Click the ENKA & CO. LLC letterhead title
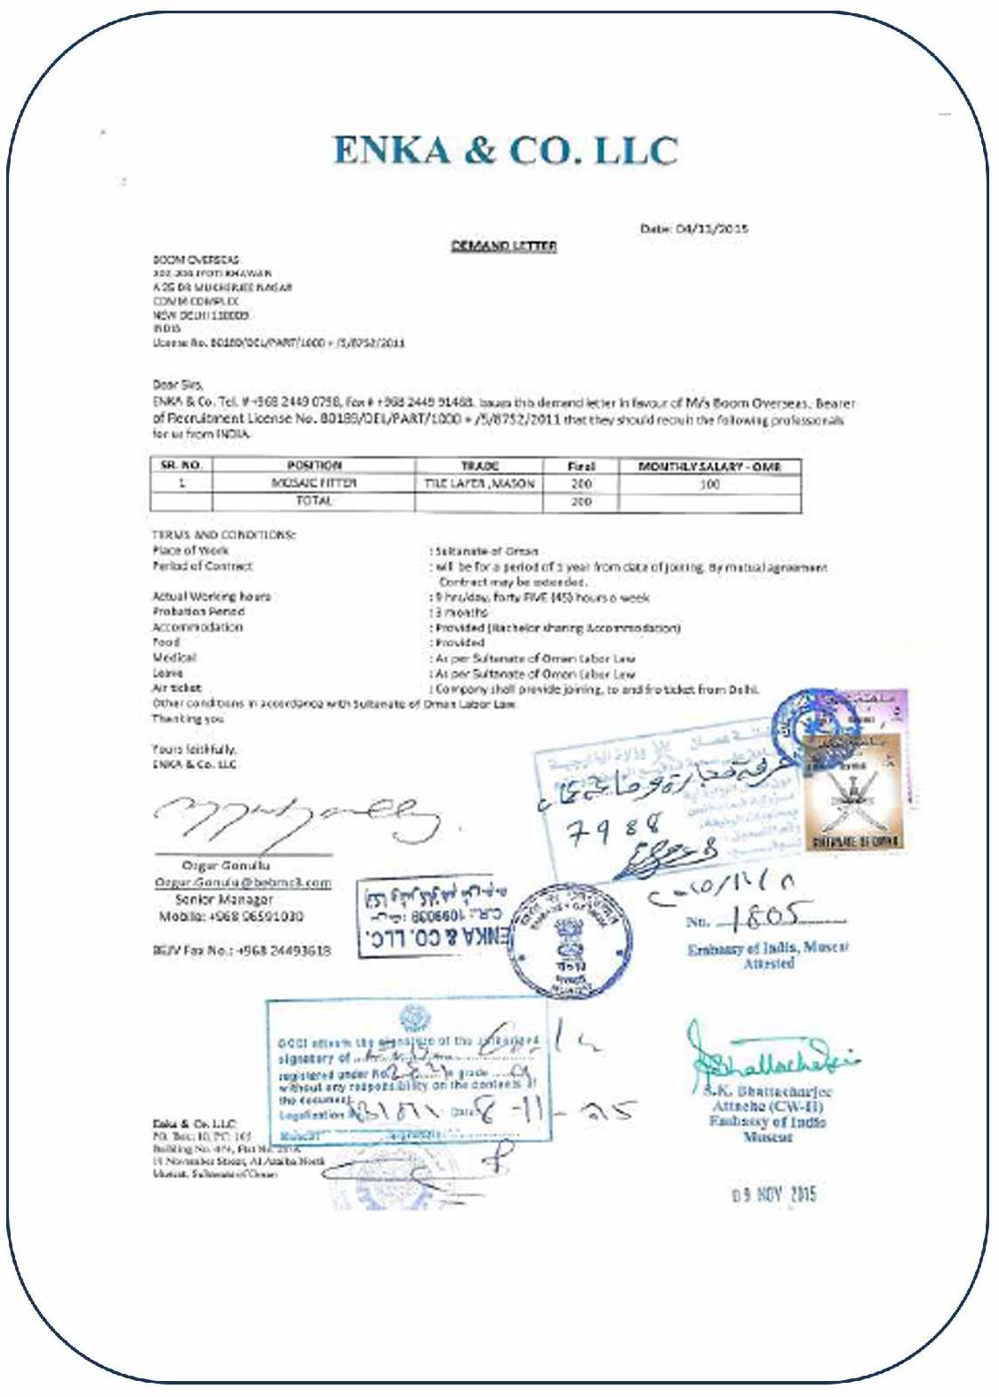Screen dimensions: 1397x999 click(505, 150)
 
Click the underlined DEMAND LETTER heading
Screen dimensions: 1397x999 click(503, 246)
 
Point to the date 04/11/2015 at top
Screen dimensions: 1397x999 click(694, 229)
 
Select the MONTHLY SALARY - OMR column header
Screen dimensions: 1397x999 click(709, 466)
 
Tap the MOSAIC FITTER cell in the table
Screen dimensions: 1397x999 click(313, 483)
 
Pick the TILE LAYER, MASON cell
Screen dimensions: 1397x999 click(479, 483)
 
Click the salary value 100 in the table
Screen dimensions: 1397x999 click(709, 484)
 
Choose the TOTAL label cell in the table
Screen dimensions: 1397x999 click(313, 501)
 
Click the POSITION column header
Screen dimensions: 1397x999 click(313, 465)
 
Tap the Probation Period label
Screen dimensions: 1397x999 click(198, 612)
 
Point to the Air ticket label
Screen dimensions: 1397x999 click(177, 688)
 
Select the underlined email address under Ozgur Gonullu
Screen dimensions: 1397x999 click(242, 883)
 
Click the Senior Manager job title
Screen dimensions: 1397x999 click(224, 900)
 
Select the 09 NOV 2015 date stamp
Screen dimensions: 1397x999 click(773, 1195)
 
